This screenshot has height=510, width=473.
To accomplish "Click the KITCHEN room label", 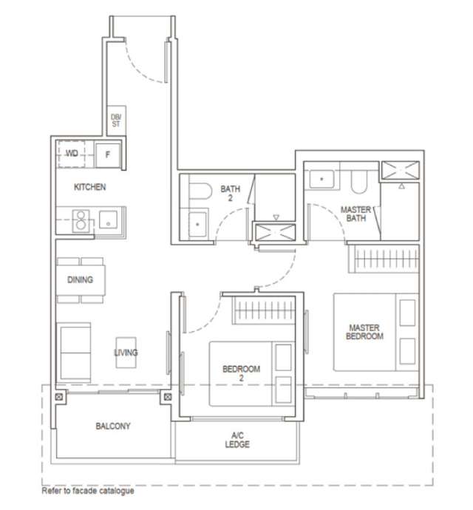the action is (x=89, y=187).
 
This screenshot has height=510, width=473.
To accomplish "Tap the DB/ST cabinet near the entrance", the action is (x=117, y=120).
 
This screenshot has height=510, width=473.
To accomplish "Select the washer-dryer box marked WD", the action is (x=71, y=154).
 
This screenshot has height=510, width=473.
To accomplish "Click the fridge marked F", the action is (x=108, y=155).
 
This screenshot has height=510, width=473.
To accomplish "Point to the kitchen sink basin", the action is (x=109, y=220).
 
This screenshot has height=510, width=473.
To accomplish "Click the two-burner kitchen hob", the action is (x=81, y=221).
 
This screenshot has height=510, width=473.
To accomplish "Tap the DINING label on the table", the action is (x=80, y=279).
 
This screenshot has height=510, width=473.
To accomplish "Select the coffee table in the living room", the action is (x=126, y=353).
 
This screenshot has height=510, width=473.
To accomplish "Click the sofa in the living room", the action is (x=74, y=353).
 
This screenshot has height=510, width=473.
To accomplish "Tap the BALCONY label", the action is (x=113, y=426).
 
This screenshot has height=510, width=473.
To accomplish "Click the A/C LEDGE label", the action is (x=237, y=440).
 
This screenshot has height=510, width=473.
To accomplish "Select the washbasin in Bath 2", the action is (x=197, y=225).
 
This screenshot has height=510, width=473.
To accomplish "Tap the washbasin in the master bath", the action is (x=321, y=179).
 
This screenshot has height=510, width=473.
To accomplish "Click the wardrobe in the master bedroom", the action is (x=384, y=259).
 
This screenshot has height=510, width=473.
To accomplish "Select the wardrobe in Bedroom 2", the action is (x=264, y=310).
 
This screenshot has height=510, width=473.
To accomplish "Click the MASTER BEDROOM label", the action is (x=364, y=332).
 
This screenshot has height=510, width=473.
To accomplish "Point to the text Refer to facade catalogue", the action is (x=88, y=491).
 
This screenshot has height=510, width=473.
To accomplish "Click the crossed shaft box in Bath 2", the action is (x=275, y=233).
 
